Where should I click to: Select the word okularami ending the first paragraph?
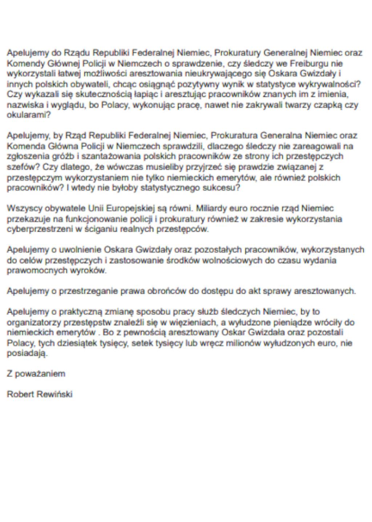(28, 116)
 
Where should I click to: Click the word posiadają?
(27, 354)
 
